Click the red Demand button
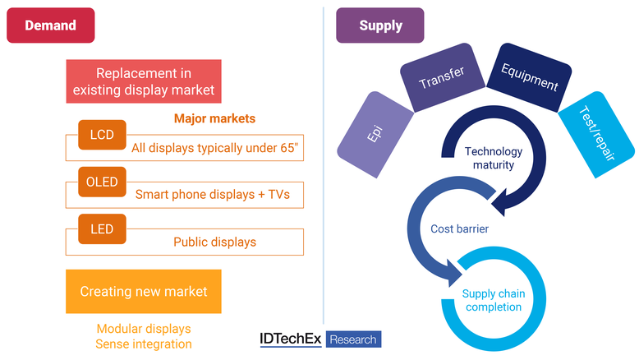click(51, 25)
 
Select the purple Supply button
click(379, 25)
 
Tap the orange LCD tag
click(102, 135)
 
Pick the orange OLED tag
click(102, 182)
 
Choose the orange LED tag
click(102, 229)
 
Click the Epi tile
click(375, 134)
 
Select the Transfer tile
click(442, 77)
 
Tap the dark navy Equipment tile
click(529, 77)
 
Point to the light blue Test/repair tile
click(596, 134)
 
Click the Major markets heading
click(214, 118)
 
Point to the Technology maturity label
click(494, 158)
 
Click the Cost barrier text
click(459, 228)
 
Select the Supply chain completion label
click(494, 300)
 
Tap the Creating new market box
click(144, 292)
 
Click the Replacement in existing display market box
click(144, 81)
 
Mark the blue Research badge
click(353, 339)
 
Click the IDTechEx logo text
click(291, 339)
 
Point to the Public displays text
click(214, 242)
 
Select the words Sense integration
click(144, 344)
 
